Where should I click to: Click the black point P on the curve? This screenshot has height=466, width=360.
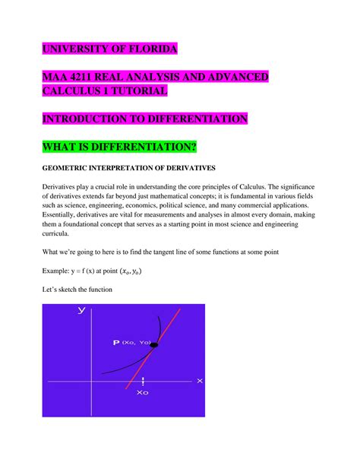tap(153, 346)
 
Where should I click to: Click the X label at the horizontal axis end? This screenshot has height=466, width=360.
tap(199, 380)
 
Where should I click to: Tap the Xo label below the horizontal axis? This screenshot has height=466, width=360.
tap(142, 394)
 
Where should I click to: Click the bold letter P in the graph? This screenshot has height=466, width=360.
tap(115, 343)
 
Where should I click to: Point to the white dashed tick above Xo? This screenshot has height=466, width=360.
tap(142, 380)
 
